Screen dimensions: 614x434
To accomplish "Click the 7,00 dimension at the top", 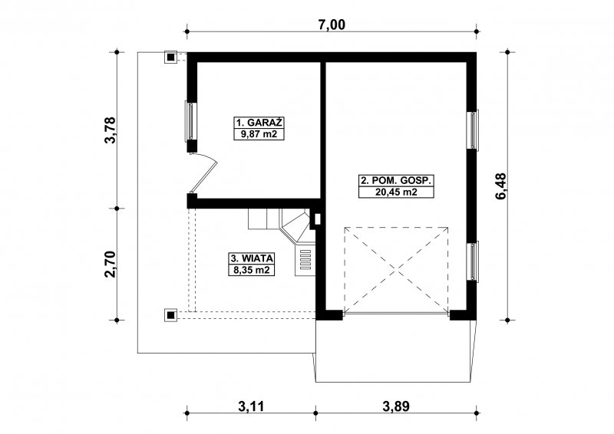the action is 332,25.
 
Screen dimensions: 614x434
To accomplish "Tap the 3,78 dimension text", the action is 111,130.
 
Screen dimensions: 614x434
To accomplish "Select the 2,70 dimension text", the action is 111,264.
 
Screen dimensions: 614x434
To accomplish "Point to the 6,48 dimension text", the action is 500,186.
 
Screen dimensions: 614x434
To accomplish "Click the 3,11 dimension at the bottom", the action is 251,406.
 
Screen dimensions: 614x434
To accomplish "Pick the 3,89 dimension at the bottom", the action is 396,406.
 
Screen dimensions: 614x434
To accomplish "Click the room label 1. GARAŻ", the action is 259,123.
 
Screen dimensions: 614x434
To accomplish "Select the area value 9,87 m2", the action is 259,135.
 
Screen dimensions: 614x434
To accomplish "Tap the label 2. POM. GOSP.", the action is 396,180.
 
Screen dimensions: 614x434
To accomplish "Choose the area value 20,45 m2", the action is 396,192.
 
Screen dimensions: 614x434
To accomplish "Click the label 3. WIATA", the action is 252,258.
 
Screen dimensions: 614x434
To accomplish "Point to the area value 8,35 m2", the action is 252,270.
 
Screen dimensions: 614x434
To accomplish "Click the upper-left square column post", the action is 170,58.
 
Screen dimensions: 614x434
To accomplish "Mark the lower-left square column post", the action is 170,314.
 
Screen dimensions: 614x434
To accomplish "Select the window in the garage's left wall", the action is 190,121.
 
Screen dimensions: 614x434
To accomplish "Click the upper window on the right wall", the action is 473,130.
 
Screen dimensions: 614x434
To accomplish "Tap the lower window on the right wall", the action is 473,261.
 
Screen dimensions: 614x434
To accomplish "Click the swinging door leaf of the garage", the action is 203,175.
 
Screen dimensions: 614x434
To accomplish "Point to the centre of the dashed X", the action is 396,270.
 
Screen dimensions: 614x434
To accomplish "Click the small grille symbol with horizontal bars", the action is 305,259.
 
